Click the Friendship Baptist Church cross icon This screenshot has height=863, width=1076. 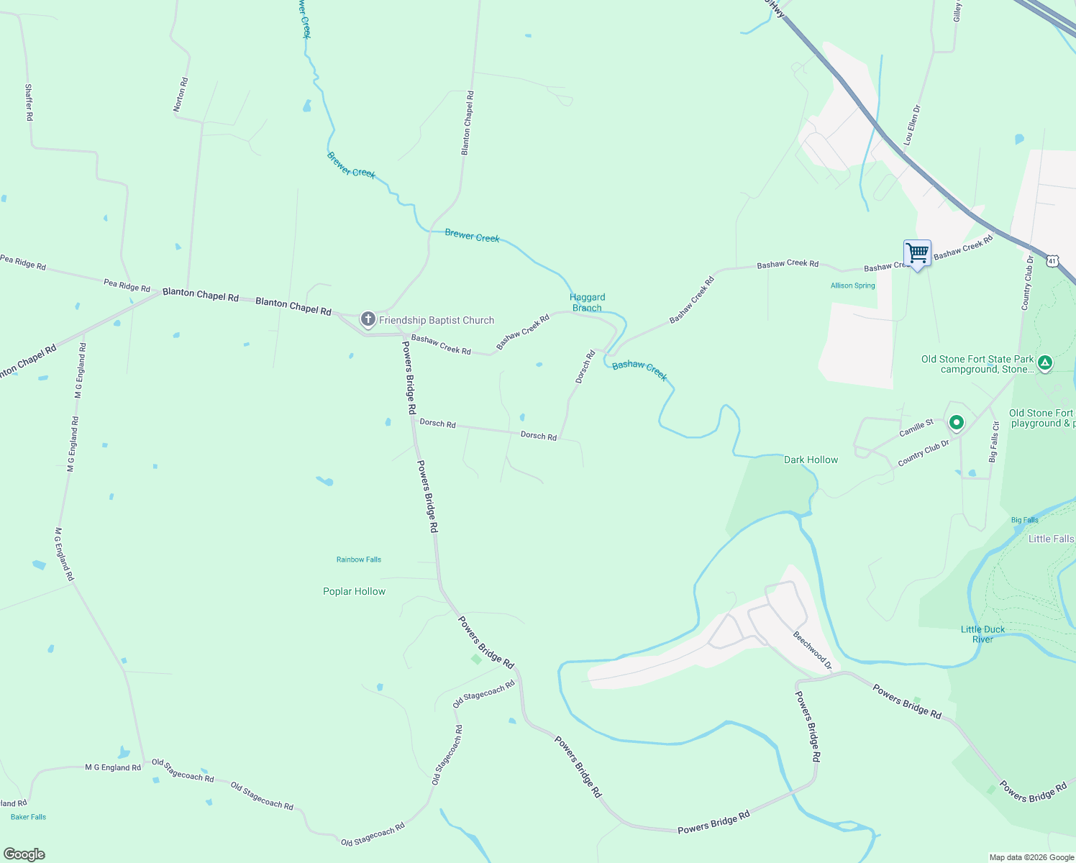(368, 319)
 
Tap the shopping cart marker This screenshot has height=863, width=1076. (917, 254)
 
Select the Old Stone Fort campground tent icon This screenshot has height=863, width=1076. (1045, 363)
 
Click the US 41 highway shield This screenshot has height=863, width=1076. (1052, 261)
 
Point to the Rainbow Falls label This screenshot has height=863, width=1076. (359, 560)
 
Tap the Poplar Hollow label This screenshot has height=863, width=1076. (354, 591)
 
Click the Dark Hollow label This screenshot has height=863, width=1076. (811, 460)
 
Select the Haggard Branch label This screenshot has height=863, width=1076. (587, 302)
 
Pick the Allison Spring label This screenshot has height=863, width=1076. (852, 286)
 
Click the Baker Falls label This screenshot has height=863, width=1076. (29, 817)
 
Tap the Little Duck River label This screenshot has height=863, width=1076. (982, 634)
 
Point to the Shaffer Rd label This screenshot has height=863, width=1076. (29, 102)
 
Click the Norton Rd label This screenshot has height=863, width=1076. (180, 94)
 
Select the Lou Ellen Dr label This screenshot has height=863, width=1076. (911, 125)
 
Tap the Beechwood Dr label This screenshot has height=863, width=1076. (812, 650)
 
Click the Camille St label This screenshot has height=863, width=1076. (916, 428)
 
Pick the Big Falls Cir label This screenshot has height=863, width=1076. (993, 442)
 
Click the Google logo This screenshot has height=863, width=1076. (24, 854)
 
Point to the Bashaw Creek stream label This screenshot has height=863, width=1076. (639, 370)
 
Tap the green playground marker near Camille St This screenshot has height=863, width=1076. (956, 423)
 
